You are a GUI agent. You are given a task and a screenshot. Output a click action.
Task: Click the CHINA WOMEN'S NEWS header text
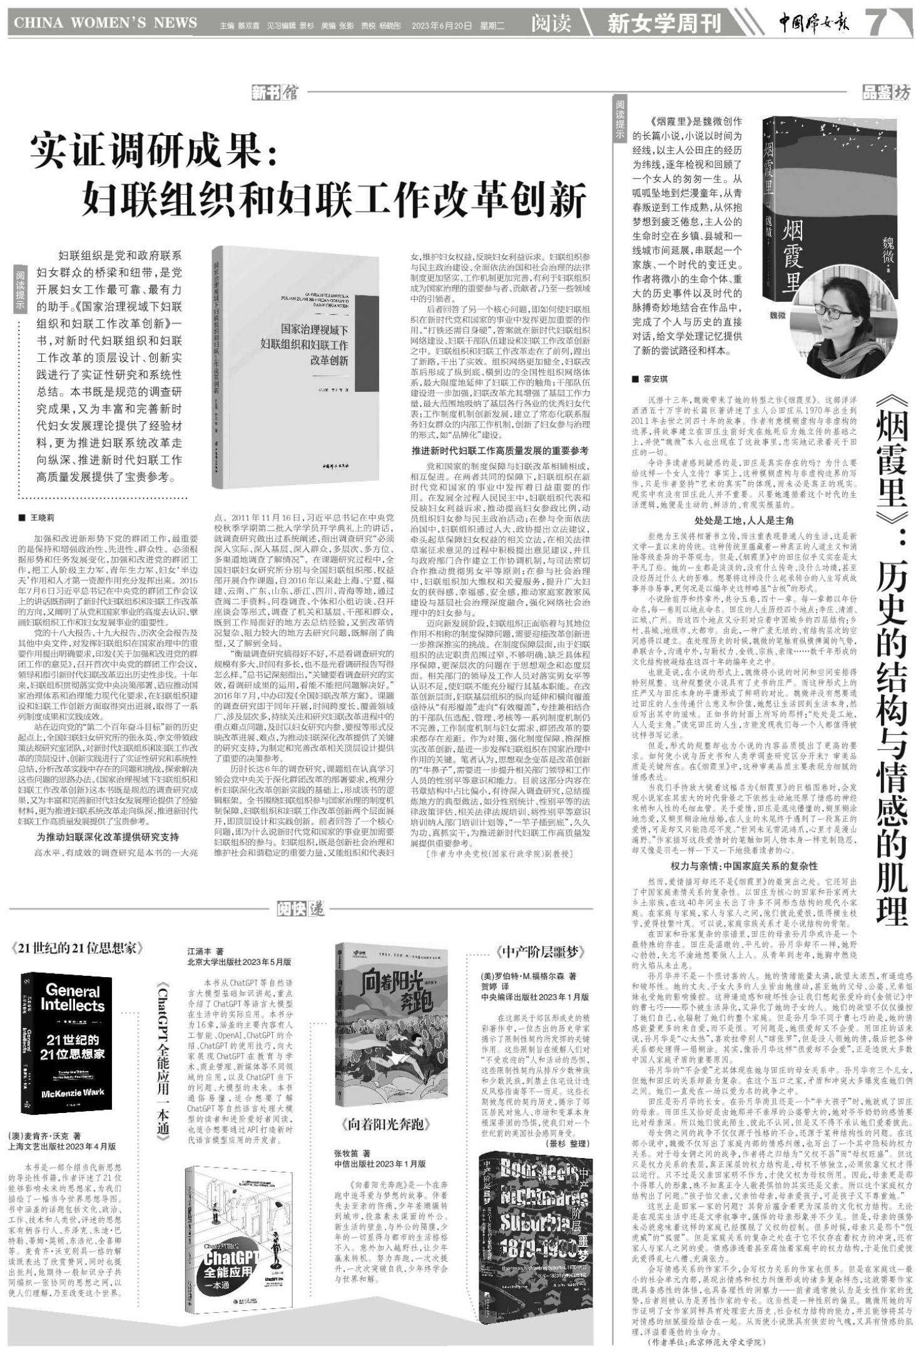[x=106, y=24]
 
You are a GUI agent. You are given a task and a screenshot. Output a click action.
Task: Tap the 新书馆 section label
[x=275, y=93]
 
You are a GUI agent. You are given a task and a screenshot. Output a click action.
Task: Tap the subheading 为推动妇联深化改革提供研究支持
[x=108, y=837]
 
